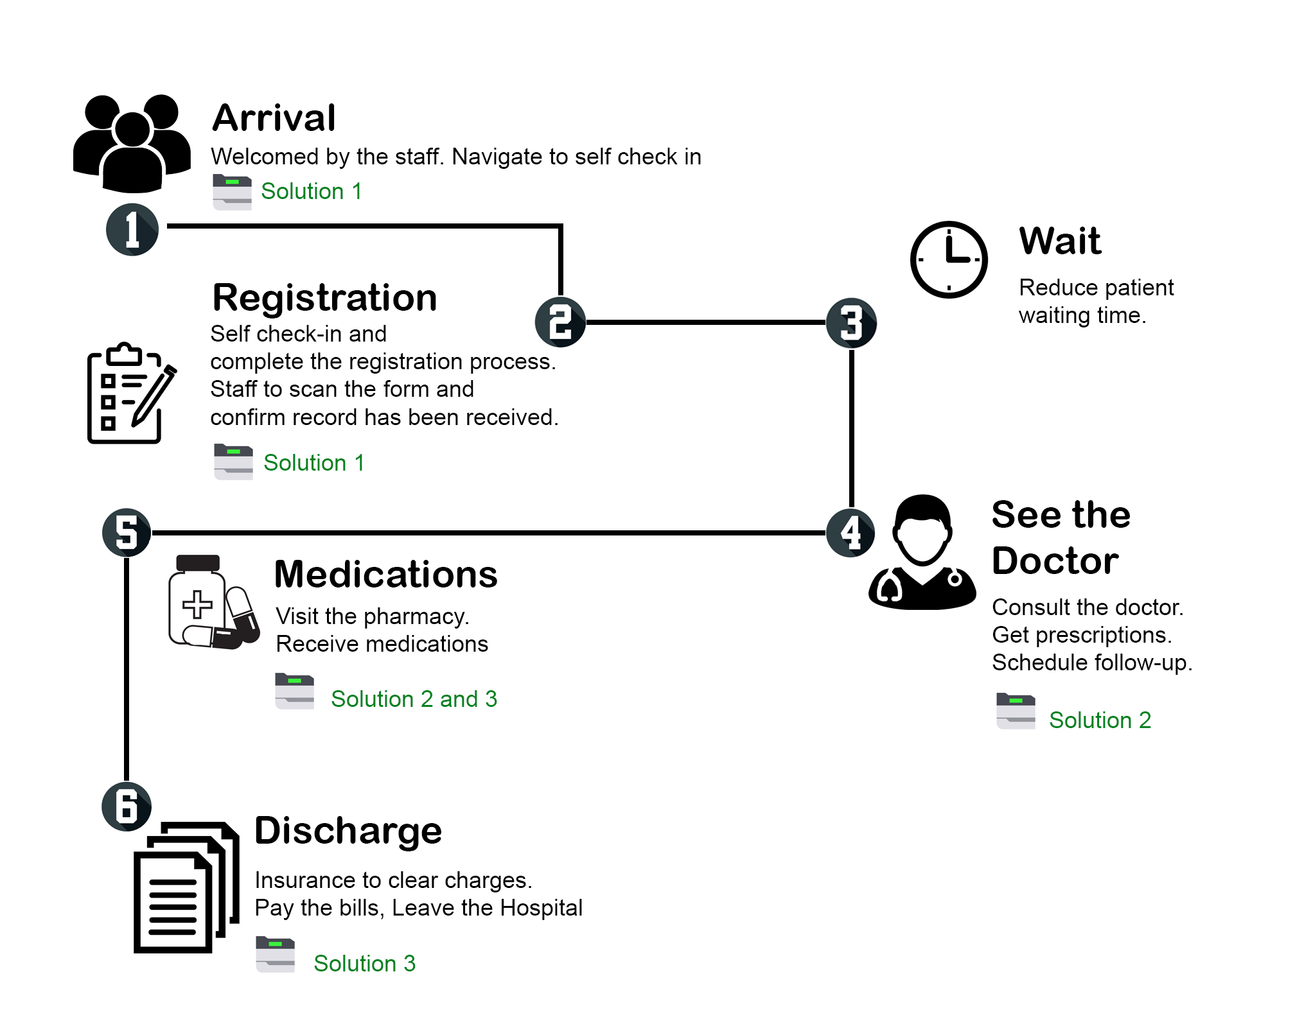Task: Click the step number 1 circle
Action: point(132,229)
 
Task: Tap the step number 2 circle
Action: point(560,322)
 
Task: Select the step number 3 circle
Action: point(851,323)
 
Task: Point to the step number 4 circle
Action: point(850,533)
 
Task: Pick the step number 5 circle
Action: point(127,533)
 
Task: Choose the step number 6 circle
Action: point(127,807)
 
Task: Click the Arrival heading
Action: point(274,118)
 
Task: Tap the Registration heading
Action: point(325,298)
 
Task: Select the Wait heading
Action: point(1060,241)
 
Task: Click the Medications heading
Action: point(386,574)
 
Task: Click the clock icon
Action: point(949,259)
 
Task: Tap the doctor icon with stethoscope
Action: point(922,553)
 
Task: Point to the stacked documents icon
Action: point(186,887)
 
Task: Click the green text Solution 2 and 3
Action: point(414,699)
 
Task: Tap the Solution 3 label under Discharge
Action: point(364,964)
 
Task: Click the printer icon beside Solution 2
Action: point(1016,711)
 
